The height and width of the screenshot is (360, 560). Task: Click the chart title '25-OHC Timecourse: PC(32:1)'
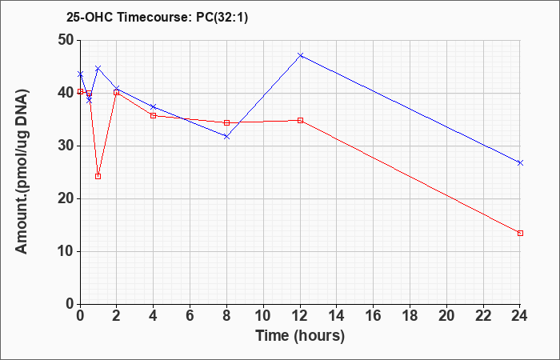tap(157, 18)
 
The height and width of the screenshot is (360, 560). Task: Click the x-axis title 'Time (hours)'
tap(300, 336)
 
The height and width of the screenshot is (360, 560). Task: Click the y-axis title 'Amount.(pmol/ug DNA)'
tap(22, 172)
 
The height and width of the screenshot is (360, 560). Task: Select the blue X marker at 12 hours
tap(300, 56)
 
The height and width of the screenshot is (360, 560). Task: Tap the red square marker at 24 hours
tap(520, 234)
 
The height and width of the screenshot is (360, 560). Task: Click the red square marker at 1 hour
tap(98, 177)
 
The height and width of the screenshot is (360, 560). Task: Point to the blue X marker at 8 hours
tap(226, 137)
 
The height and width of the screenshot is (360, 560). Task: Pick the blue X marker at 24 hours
tap(520, 163)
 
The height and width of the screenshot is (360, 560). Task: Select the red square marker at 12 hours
tap(300, 120)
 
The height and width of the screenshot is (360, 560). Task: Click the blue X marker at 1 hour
tap(98, 68)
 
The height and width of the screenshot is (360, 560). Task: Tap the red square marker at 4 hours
tap(154, 116)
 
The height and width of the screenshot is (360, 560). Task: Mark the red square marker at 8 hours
tap(226, 123)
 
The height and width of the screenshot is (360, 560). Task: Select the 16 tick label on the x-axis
tap(374, 316)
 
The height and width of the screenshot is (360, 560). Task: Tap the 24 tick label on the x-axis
tap(519, 316)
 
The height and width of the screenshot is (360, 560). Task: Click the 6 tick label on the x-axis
tap(190, 316)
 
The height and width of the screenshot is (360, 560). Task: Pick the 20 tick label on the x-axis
tap(446, 316)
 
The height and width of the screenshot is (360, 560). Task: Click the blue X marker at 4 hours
tap(154, 106)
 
